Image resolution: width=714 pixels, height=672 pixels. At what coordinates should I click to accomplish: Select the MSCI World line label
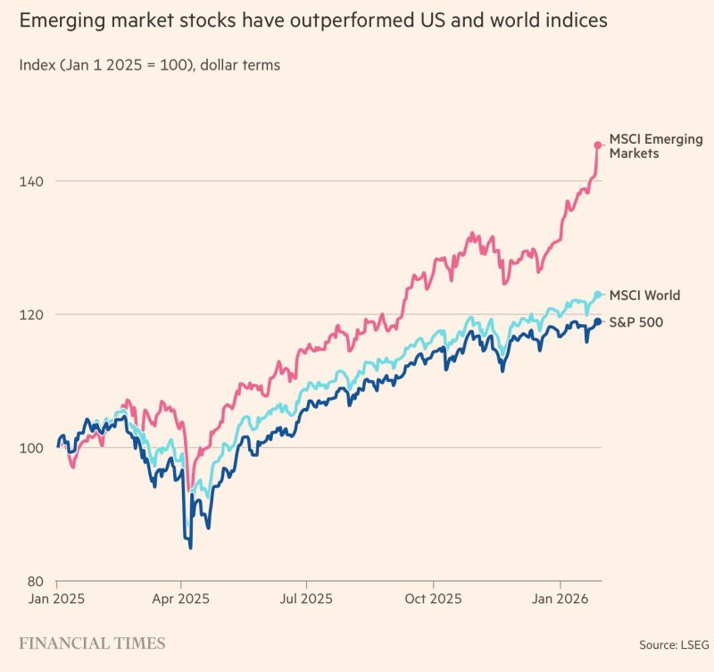(x=644, y=295)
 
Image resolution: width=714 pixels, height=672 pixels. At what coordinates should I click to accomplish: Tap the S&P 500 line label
(x=635, y=322)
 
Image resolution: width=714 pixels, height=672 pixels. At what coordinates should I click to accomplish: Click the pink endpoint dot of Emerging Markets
(x=598, y=145)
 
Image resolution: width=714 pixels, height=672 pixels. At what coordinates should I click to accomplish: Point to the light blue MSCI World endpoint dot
(x=598, y=295)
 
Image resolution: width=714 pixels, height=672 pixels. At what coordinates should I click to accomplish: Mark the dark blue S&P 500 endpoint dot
(x=598, y=321)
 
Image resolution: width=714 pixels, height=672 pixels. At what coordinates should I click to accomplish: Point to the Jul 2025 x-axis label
(x=306, y=599)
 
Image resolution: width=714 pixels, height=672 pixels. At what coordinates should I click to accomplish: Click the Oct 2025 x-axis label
(x=432, y=599)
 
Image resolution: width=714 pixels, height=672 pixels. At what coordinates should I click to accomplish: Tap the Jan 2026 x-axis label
(x=559, y=599)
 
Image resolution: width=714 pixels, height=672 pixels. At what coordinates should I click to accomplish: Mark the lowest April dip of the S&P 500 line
(x=190, y=547)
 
